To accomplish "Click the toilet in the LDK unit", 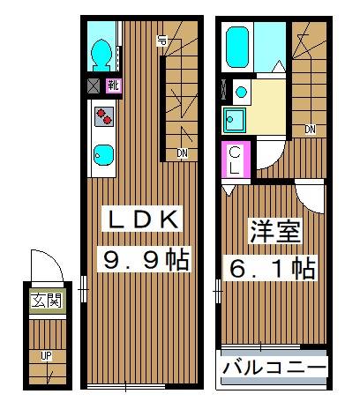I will (x=101, y=53).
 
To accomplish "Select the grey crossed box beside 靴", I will (x=94, y=86).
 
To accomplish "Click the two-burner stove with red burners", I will (x=103, y=116).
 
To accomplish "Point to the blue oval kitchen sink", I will (x=103, y=155).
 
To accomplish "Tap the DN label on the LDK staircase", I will (x=181, y=154).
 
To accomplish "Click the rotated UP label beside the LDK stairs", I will (x=162, y=39).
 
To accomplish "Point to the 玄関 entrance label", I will (x=47, y=301).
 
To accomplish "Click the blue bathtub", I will (x=237, y=49).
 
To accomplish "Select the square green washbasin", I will (x=236, y=119).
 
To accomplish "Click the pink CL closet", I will (x=236, y=158).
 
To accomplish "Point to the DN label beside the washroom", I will (x=310, y=130).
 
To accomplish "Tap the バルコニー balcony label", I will (x=274, y=367).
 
